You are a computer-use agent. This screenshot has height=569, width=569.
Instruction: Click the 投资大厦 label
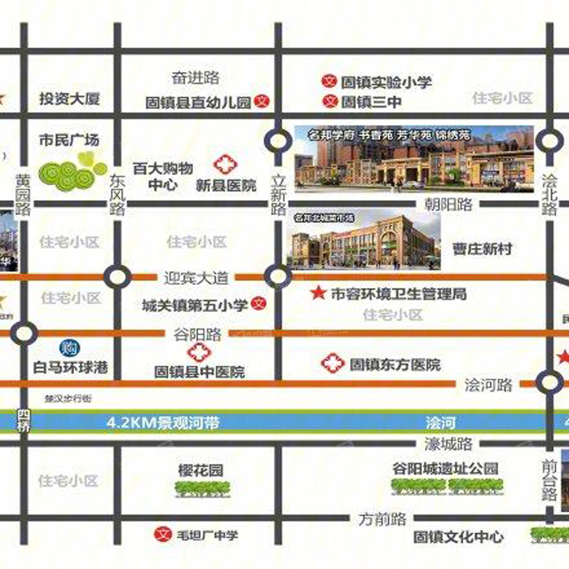(69, 99)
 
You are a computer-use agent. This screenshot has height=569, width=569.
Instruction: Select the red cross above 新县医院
(226, 165)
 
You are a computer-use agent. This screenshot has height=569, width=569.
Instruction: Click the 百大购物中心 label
(163, 176)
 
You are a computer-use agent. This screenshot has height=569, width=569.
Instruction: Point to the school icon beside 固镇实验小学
(329, 81)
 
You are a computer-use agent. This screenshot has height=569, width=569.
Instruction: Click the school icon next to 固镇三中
(330, 101)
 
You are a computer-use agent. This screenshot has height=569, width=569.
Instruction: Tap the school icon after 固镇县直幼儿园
(262, 101)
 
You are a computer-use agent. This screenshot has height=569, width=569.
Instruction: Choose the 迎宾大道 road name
(196, 278)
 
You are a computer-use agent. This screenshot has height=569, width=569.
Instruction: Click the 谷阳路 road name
(198, 334)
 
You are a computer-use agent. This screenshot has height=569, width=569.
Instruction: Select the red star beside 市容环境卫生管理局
(318, 293)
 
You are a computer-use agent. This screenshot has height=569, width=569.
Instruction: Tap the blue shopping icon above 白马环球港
(69, 348)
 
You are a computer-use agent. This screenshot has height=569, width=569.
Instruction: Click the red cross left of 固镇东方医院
(332, 363)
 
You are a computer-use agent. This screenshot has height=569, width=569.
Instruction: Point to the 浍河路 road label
(488, 384)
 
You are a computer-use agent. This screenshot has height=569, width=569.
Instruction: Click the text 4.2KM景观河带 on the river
(163, 423)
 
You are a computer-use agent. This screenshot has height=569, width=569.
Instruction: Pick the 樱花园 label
(201, 470)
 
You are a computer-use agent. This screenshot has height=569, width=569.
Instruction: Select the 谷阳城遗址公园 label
(445, 469)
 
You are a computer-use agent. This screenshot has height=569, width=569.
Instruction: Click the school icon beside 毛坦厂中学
(163, 534)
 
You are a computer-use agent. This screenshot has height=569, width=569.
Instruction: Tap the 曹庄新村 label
(482, 249)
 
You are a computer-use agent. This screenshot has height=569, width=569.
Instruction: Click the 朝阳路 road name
(448, 204)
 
